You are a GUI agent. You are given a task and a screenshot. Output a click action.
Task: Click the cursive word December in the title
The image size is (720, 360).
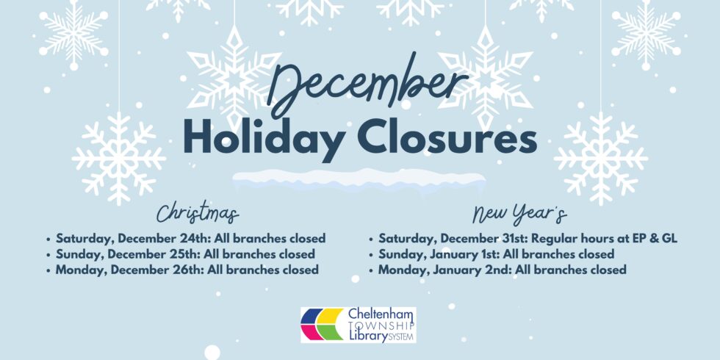pos(367,87)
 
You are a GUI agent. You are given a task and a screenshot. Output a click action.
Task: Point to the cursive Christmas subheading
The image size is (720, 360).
pos(198,213)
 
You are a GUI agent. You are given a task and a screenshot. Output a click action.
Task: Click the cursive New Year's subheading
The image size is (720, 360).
pos(520,214)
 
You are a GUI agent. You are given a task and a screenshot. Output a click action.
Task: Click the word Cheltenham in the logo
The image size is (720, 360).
pos(381,314)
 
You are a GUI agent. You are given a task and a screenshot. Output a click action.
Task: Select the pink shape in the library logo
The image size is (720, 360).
pos(309,332)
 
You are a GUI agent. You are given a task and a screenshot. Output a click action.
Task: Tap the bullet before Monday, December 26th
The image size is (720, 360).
pos(48,270)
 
